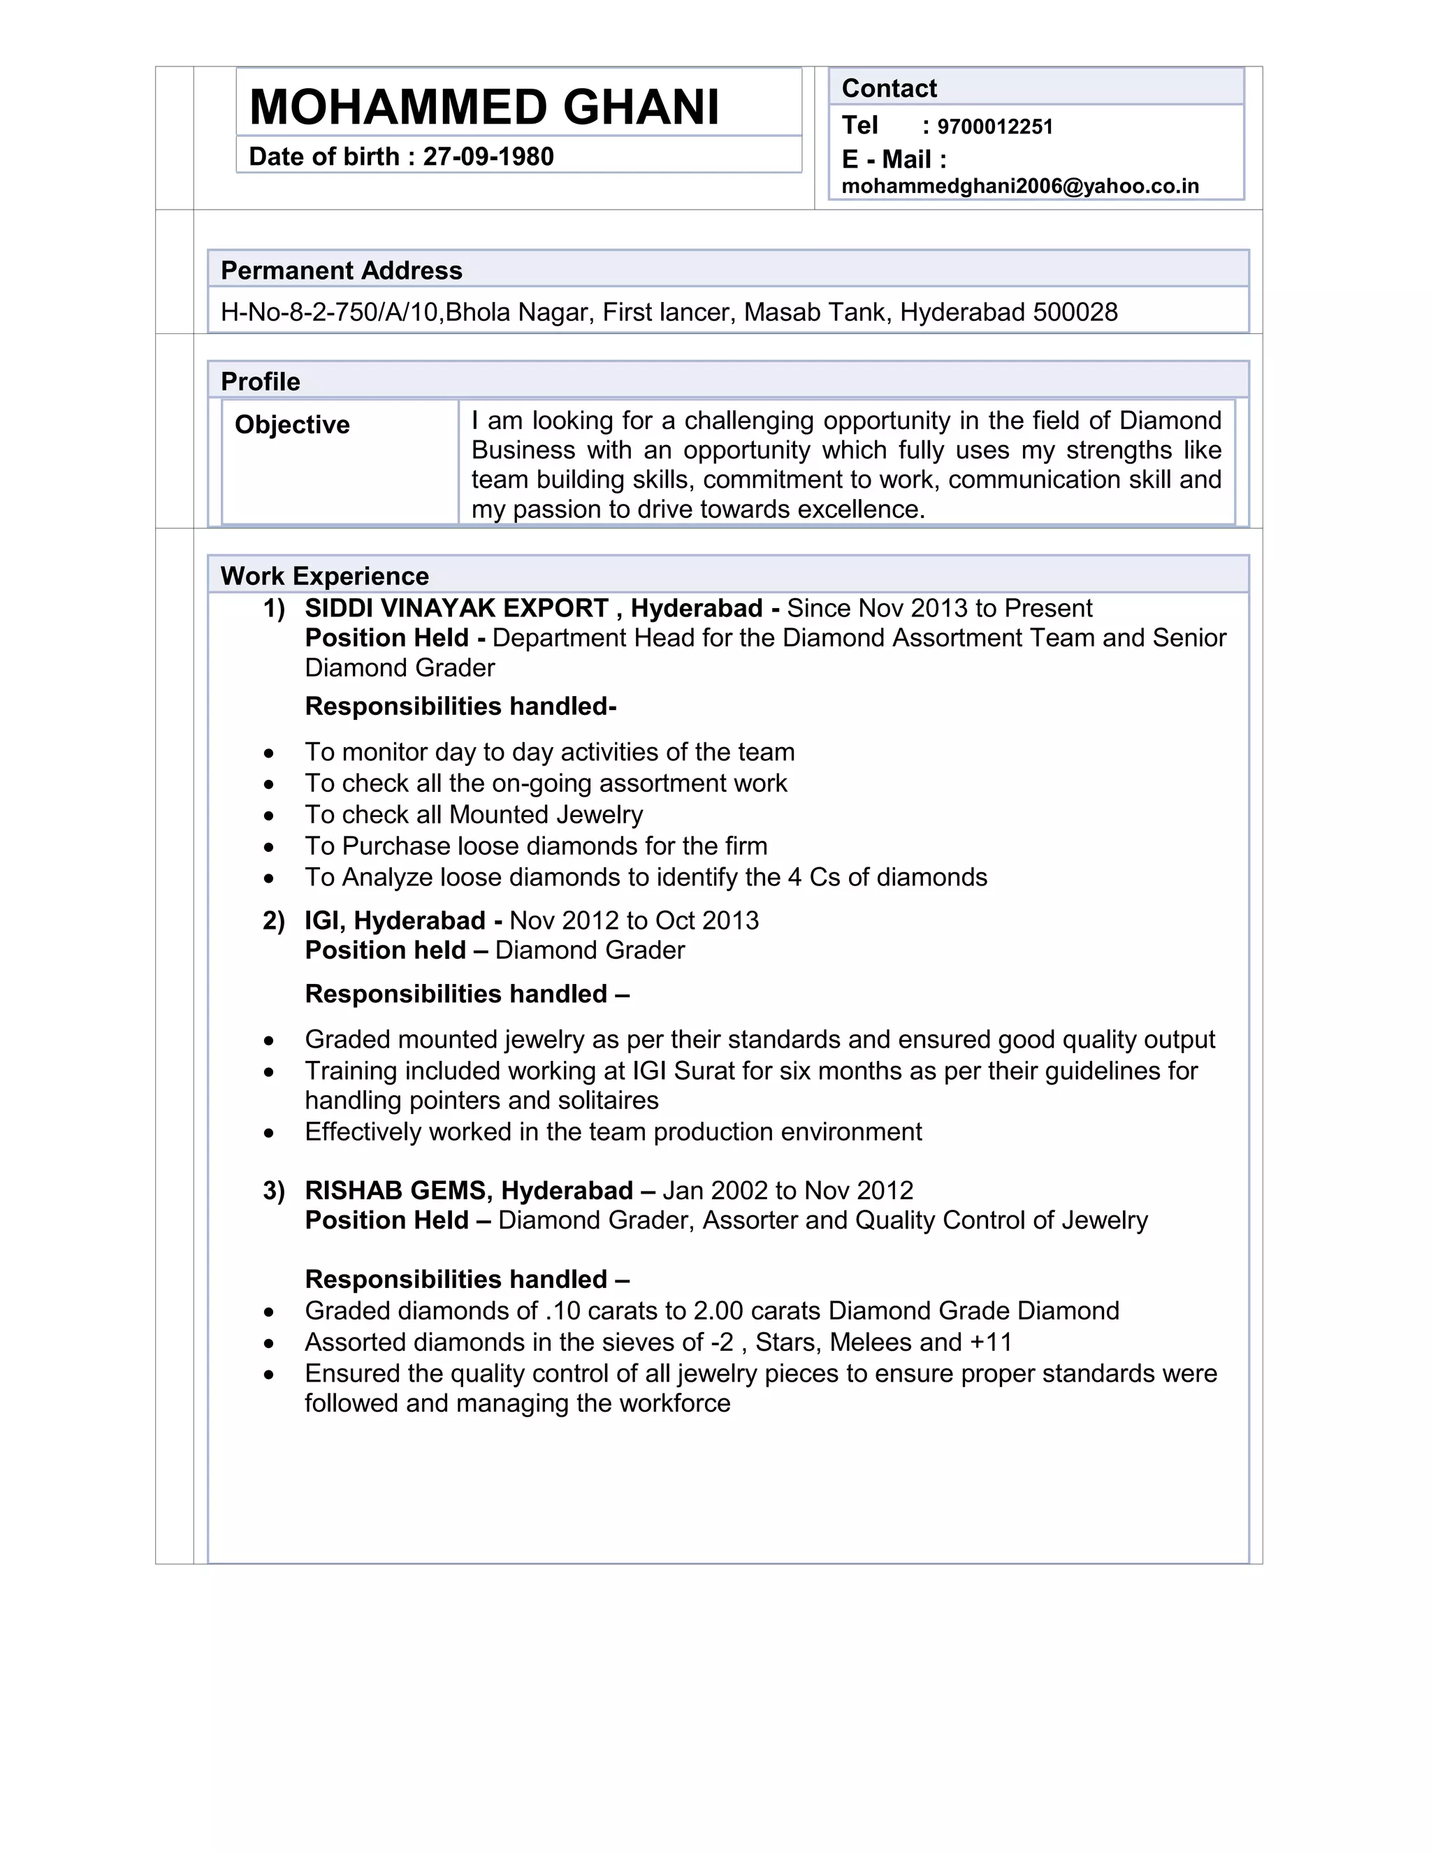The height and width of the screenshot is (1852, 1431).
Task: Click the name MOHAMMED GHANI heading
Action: [x=484, y=108]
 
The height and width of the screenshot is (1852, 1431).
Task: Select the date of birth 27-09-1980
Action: [x=488, y=157]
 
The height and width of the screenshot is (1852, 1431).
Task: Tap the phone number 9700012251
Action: [x=994, y=127]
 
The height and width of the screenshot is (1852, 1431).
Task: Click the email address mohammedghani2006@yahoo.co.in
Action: [x=1020, y=187]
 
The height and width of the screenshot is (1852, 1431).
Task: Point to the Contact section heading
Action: [x=889, y=88]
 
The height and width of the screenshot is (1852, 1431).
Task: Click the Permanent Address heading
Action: [x=341, y=270]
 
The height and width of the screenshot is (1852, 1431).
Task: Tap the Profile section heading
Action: [x=260, y=382]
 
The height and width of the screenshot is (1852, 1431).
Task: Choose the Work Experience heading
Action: [x=325, y=577]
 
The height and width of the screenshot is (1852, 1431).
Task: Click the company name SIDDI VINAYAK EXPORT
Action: [x=456, y=609]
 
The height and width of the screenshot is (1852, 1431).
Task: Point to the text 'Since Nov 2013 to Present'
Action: [x=939, y=609]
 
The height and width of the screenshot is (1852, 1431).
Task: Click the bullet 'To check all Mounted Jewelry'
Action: [x=473, y=815]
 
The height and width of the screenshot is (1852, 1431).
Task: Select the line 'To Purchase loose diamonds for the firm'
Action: [x=536, y=846]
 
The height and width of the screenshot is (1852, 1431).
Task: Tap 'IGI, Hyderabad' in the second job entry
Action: [x=395, y=921]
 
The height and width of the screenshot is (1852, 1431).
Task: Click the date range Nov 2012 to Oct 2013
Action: [x=634, y=921]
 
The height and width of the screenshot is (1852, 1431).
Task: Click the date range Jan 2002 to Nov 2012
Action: [x=787, y=1192]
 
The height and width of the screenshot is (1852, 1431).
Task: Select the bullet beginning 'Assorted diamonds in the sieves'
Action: [x=658, y=1343]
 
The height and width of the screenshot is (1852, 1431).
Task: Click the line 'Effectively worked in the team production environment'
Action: [x=613, y=1132]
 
